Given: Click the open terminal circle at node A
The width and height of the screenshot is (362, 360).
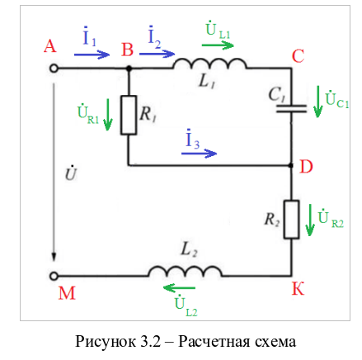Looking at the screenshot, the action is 54,69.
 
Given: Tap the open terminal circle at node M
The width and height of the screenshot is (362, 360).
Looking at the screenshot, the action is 54,276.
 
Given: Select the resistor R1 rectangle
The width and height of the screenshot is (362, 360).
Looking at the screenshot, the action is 129,115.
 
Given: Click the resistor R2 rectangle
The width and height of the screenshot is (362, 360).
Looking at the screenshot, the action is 292,219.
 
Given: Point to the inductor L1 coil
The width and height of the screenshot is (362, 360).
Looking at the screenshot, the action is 209,64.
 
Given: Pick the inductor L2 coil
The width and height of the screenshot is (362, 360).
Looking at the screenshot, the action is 186,271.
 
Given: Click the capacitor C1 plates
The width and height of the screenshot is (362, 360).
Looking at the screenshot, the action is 291,109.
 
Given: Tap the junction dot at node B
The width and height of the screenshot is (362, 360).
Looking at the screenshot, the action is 129,68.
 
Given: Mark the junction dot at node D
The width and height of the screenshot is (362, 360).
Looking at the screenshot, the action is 291,165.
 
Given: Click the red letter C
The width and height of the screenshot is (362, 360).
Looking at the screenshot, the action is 298,56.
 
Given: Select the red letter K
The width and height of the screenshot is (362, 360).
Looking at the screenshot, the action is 298,288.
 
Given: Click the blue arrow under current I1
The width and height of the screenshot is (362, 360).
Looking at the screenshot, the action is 92,54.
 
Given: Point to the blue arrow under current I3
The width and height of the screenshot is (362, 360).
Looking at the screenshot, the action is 199,153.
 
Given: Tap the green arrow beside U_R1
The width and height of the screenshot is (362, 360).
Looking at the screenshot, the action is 108,115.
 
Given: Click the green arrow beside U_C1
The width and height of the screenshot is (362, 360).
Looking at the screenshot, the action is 318,102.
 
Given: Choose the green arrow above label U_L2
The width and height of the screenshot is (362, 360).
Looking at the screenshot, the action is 179,288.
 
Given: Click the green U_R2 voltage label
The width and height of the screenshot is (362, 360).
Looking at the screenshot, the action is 331,219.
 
